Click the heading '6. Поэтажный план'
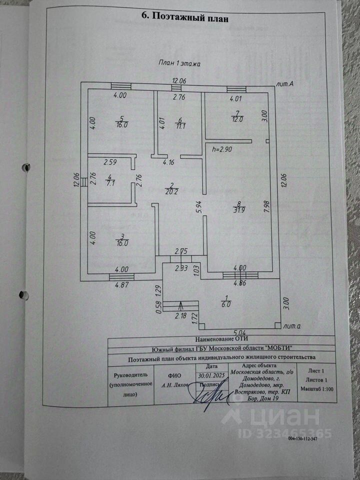point(185,17)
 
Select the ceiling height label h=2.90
point(222,149)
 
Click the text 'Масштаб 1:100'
point(317,388)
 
